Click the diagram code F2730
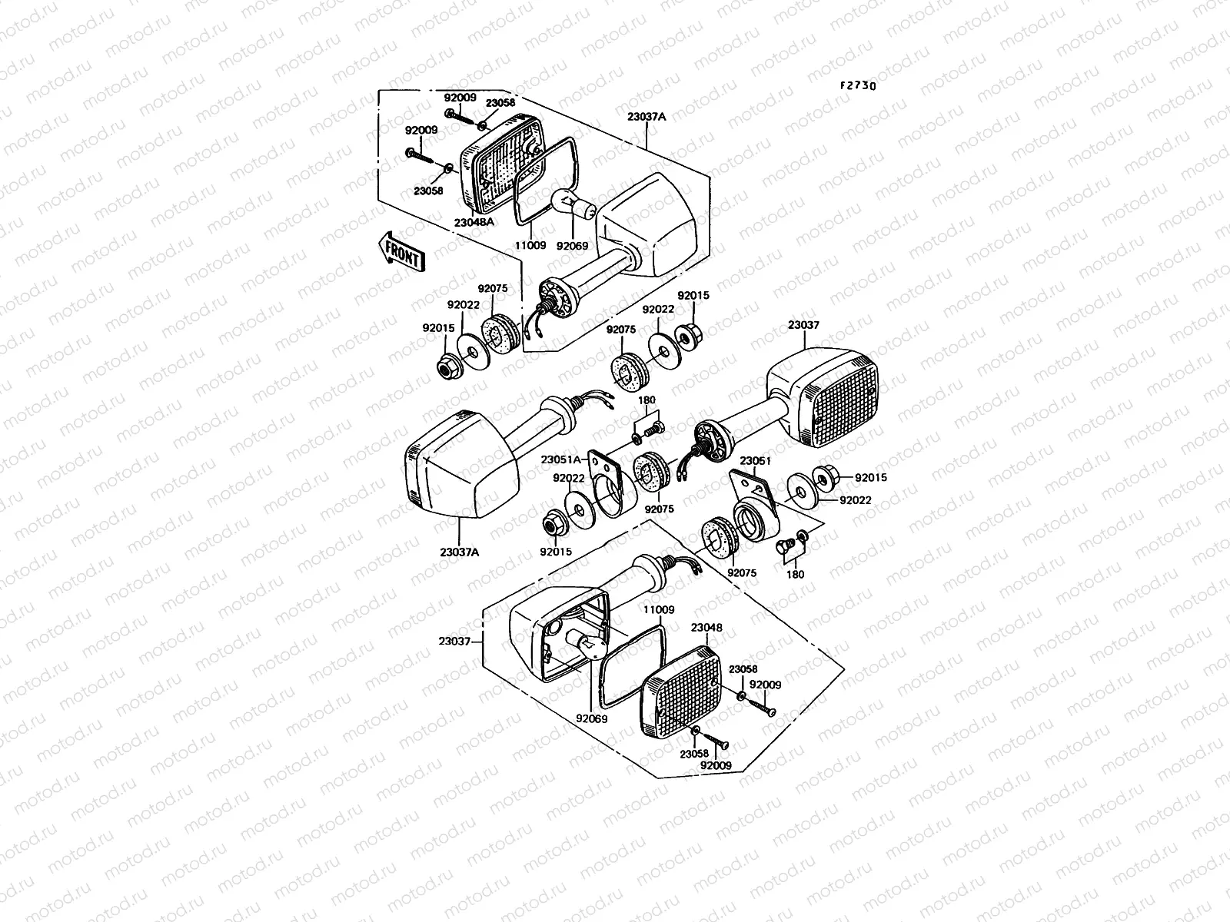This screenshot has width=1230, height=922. pyautogui.click(x=857, y=86)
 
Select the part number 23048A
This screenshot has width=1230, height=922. pyautogui.click(x=474, y=222)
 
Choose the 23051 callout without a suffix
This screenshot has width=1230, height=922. pyautogui.click(x=756, y=461)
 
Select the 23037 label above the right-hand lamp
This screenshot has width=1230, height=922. pyautogui.click(x=803, y=325)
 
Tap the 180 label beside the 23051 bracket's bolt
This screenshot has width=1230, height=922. pyautogui.click(x=796, y=574)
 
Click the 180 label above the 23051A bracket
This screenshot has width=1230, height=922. pyautogui.click(x=647, y=400)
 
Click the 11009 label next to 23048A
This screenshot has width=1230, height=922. pyautogui.click(x=530, y=247)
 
